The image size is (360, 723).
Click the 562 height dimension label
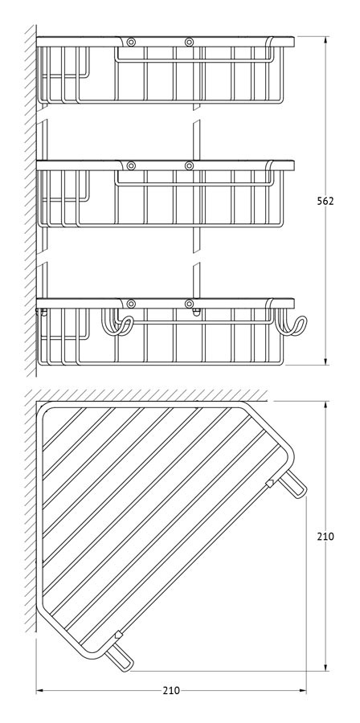click(x=325, y=201)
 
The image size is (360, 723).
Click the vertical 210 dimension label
click(x=325, y=537)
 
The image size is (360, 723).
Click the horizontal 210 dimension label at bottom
click(x=171, y=691)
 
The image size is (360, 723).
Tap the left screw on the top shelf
click(x=131, y=43)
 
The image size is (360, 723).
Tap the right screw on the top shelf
click(x=189, y=43)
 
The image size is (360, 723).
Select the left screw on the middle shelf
click(x=131, y=165)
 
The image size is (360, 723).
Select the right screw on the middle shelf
click(x=189, y=165)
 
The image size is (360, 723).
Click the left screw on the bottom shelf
click(x=131, y=304)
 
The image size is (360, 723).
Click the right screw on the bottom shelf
click(x=189, y=304)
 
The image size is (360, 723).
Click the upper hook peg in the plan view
click(x=293, y=484)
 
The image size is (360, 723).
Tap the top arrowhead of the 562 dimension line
click(x=326, y=39)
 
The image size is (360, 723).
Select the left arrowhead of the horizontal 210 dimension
click(x=40, y=691)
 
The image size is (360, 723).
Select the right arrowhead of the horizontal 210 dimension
click(x=302, y=691)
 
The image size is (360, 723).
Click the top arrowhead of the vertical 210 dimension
click(x=326, y=405)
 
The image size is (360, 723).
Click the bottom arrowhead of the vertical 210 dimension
click(x=326, y=668)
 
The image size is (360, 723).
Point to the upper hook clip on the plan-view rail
click(x=271, y=483)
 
